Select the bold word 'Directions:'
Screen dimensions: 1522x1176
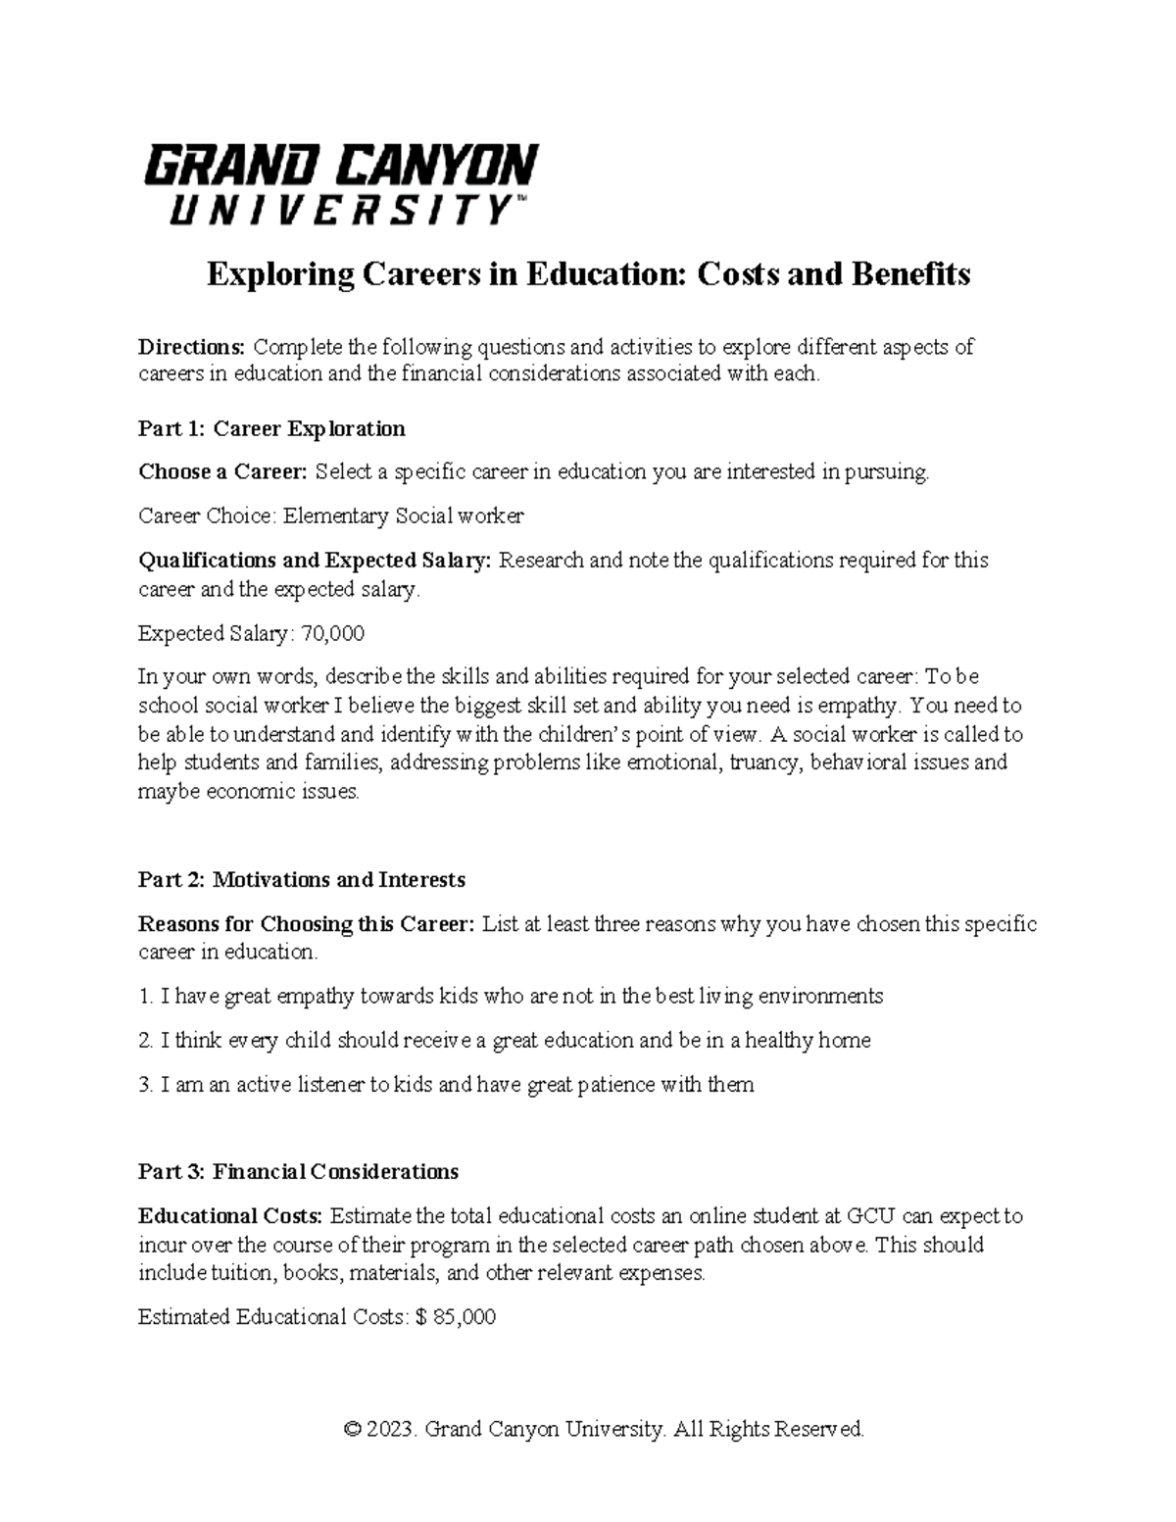[192, 347]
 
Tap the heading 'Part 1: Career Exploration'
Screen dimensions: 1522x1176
[271, 428]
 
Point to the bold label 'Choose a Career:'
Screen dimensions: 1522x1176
[223, 472]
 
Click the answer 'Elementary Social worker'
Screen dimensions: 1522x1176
[404, 516]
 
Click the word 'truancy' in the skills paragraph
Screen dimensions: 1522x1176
[766, 762]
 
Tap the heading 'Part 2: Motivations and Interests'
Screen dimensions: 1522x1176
[302, 880]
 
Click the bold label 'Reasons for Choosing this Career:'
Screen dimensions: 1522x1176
[307, 924]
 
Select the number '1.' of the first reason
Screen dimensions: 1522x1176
[146, 997]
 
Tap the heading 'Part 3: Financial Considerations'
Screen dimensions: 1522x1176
[299, 1172]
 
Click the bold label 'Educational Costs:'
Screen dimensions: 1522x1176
[230, 1216]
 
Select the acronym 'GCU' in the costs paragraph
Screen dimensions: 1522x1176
[869, 1216]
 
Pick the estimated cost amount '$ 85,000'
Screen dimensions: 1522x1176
[456, 1318]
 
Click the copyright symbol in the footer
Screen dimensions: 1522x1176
[353, 1430]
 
